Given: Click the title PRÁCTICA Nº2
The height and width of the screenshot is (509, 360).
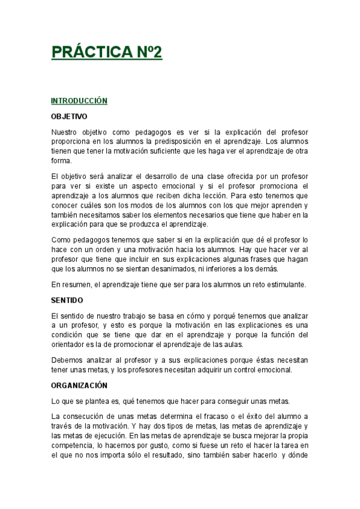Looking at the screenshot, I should point(107,53).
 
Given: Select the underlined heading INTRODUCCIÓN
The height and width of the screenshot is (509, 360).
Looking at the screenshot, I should point(79,101).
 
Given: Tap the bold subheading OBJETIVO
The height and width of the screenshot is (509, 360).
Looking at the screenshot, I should point(69,116).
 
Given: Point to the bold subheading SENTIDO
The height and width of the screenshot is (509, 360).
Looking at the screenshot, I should point(67,300).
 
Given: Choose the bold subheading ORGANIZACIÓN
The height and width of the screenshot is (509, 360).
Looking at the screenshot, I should point(79,385).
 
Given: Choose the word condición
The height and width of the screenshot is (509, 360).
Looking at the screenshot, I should point(68,334).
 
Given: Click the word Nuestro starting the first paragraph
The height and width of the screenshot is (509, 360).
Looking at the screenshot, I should point(65,132).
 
